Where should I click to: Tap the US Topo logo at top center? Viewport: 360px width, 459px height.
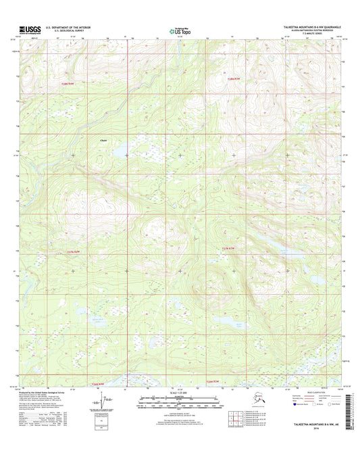tap(179, 30)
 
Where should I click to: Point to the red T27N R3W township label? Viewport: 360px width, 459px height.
tap(230, 249)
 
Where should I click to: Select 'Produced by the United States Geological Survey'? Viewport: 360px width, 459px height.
tap(47, 393)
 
